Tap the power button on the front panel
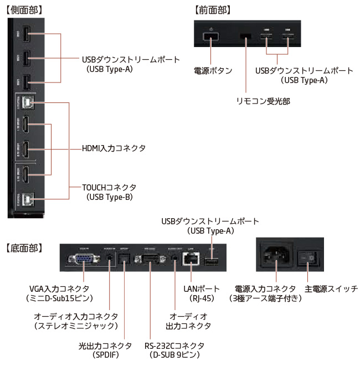pyautogui.click(x=210, y=38)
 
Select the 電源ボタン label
pyautogui.click(x=213, y=71)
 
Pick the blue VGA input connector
pyautogui.click(x=84, y=260)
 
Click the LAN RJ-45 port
pyautogui.click(x=191, y=261)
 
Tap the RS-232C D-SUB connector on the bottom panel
pyautogui.click(x=151, y=260)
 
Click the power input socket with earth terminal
pyautogui.click(x=275, y=256)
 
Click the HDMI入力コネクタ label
pyautogui.click(x=114, y=148)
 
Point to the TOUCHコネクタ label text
pyautogui.click(x=109, y=187)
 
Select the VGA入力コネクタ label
pyautogui.click(x=61, y=288)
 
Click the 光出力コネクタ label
pyautogui.click(x=106, y=345)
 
